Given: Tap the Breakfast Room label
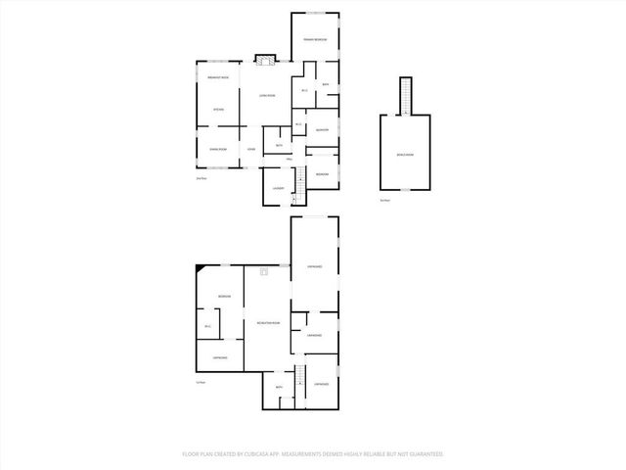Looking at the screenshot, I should [218, 76].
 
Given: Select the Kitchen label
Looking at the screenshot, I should [218, 109].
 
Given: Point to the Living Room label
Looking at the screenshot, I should [266, 95].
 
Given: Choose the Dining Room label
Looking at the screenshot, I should [218, 149].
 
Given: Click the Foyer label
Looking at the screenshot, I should [251, 149].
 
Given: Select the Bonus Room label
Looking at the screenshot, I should [405, 154].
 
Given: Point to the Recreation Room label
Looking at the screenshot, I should [268, 323].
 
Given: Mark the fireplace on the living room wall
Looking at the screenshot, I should [262, 61].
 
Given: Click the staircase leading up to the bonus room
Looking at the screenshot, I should [405, 96].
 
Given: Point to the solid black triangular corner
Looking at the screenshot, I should [201, 266].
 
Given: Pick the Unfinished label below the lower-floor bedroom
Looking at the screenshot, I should [220, 357].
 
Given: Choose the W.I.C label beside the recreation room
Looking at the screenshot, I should [207, 326].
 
